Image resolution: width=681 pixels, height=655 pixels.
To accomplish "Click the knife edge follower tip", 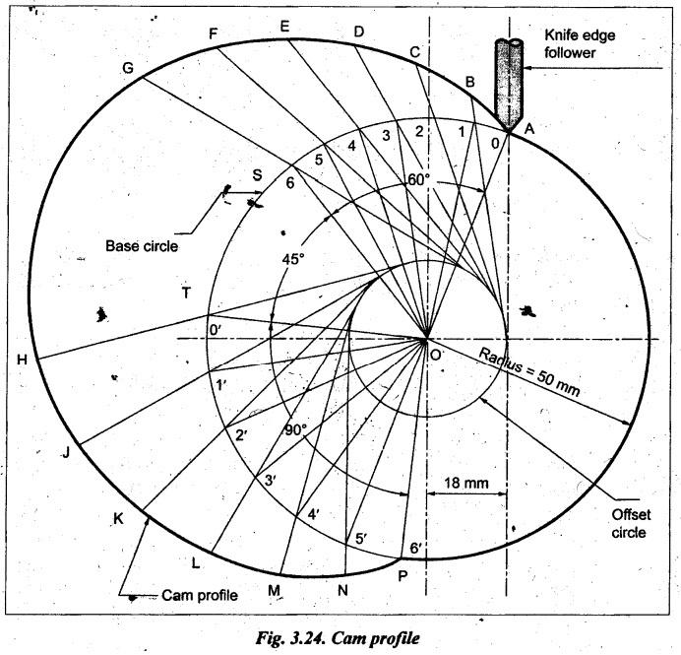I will coord(508,128).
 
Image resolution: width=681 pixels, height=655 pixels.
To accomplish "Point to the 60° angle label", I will coord(421,179).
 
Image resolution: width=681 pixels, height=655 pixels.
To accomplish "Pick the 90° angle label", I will coord(295,429).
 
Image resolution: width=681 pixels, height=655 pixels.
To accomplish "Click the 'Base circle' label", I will coord(142,245).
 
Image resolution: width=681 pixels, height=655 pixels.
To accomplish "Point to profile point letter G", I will coord(127,68).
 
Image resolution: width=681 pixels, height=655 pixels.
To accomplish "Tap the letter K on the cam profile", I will coord(118,519).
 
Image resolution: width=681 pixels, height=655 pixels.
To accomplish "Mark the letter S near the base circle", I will coord(257,175).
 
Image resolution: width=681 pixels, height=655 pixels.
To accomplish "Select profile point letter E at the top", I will coord(284,28).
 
